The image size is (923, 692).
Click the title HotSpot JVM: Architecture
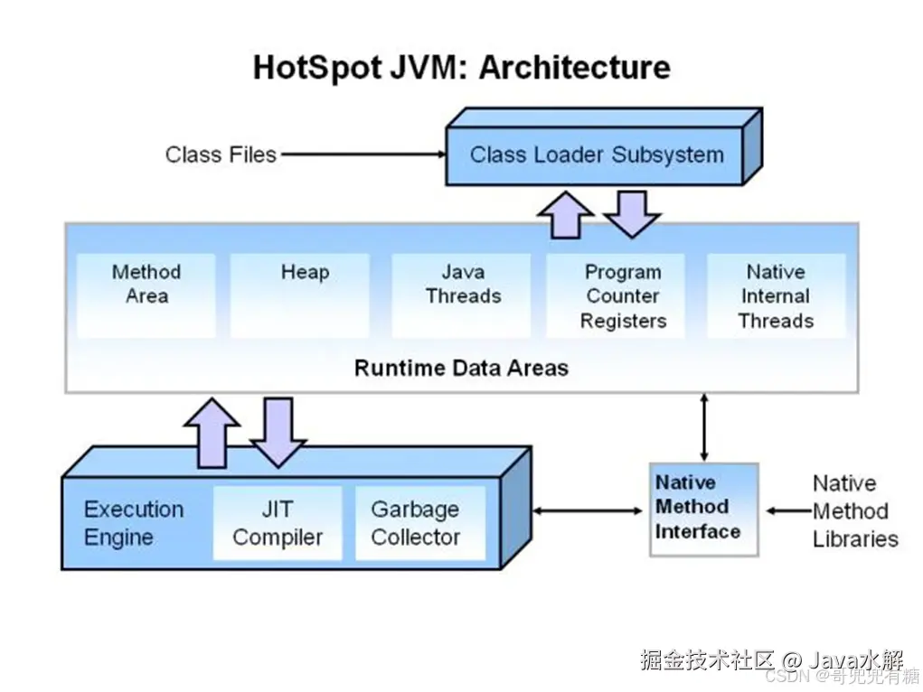(461, 68)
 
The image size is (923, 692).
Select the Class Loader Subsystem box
(596, 154)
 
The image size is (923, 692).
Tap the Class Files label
(221, 154)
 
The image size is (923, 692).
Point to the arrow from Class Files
(362, 154)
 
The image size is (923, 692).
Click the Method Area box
(146, 295)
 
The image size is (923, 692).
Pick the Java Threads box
(462, 295)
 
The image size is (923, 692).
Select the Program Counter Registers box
(623, 295)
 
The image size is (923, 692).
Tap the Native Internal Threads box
(776, 295)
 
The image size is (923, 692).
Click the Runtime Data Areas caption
(461, 369)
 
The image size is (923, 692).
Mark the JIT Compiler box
(278, 523)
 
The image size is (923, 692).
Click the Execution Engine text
(133, 523)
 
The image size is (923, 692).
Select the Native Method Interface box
(703, 509)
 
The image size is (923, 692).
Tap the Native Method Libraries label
(854, 511)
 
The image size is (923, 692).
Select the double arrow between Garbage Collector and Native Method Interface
(587, 511)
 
